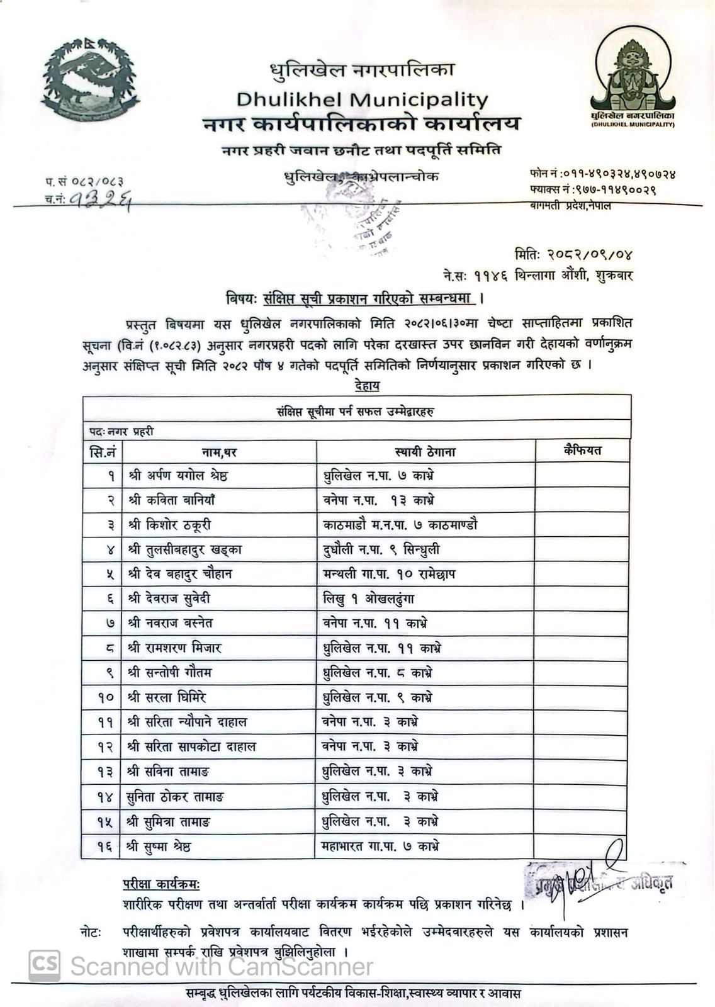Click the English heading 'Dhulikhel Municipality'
(x=362, y=99)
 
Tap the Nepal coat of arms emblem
(x=90, y=79)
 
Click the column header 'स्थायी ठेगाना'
(x=425, y=452)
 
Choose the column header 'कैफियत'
(x=582, y=451)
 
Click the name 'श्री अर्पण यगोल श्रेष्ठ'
(x=177, y=476)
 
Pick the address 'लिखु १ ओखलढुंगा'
(x=368, y=599)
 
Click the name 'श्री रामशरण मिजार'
(x=174, y=648)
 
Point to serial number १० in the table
(x=106, y=697)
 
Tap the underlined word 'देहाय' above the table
(x=367, y=385)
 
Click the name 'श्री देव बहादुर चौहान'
(x=178, y=574)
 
